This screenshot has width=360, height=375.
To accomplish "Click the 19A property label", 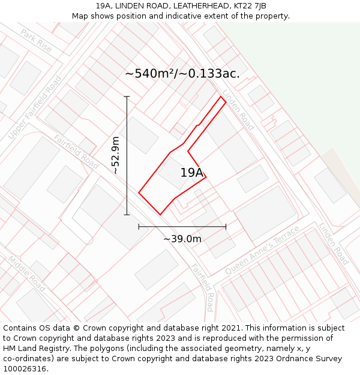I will click(192, 173).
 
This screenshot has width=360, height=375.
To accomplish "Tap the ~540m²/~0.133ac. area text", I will click(182, 74).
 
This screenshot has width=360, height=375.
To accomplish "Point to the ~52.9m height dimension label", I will click(116, 155).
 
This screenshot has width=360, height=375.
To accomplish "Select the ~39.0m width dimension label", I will click(182, 239).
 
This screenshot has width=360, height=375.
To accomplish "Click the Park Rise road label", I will click(36, 40).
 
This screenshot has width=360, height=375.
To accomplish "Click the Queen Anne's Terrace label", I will click(262, 251).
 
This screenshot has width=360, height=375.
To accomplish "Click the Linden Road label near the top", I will click(238, 110).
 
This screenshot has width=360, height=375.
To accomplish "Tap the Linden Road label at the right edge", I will click(334, 244).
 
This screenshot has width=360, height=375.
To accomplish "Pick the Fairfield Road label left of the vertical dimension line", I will click(76, 151).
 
